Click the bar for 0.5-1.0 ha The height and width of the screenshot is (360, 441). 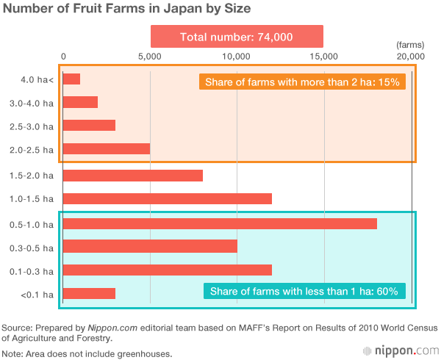220,223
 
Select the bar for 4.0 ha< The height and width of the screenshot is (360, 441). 71,79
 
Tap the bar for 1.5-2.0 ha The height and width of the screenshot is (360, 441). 132,176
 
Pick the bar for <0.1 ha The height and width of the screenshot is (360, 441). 89,294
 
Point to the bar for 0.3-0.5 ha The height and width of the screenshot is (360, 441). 150,246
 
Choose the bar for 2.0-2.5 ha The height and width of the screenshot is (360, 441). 107,148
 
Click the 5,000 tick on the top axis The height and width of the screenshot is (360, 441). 149,56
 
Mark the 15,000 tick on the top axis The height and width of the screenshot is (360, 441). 323,56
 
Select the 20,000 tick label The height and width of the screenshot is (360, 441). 410,56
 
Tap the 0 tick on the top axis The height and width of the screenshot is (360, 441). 64,56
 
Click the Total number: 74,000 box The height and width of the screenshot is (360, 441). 237,37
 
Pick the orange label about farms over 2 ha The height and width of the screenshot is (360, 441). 302,82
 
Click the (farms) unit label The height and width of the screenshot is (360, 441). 405,45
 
